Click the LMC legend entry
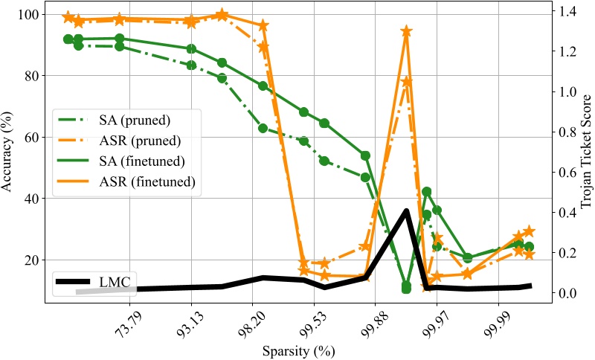(115, 282)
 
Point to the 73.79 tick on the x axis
(126, 323)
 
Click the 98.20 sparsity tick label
(249, 323)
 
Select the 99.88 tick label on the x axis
(372, 323)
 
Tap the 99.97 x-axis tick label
(433, 323)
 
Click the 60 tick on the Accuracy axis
(33, 138)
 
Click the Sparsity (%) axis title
(297, 350)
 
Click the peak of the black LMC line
(406, 210)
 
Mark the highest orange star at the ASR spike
(406, 31)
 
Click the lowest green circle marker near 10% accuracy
(406, 288)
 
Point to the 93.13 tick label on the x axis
(188, 323)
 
